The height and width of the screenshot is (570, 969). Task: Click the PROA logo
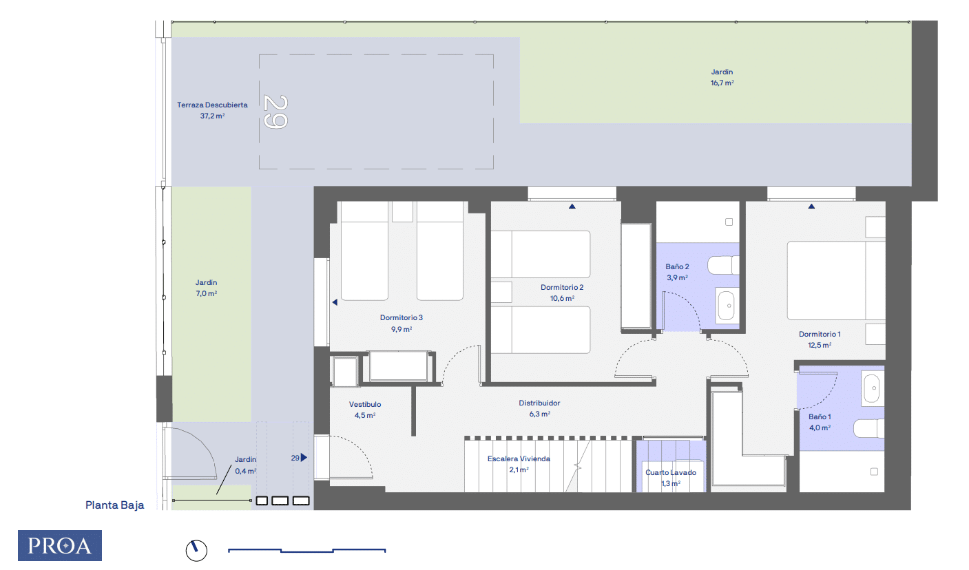(x=60, y=545)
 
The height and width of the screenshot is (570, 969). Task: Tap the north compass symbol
(x=196, y=549)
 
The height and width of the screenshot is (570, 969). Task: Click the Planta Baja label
(x=115, y=505)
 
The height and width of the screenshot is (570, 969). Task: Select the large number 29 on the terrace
(x=275, y=112)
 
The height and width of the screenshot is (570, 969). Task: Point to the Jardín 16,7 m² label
(x=722, y=76)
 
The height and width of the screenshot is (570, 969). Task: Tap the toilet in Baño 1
(x=869, y=429)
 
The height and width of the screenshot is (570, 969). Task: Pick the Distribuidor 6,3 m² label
(x=539, y=408)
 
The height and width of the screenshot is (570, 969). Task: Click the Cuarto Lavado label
(x=670, y=477)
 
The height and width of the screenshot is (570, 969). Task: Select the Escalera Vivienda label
(x=519, y=463)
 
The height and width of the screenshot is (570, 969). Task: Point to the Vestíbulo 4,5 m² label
(x=365, y=410)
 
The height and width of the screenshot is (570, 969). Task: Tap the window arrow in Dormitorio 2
(x=571, y=206)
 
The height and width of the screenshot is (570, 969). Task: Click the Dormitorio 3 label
(x=401, y=323)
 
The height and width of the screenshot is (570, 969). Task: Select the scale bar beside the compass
(x=306, y=551)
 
